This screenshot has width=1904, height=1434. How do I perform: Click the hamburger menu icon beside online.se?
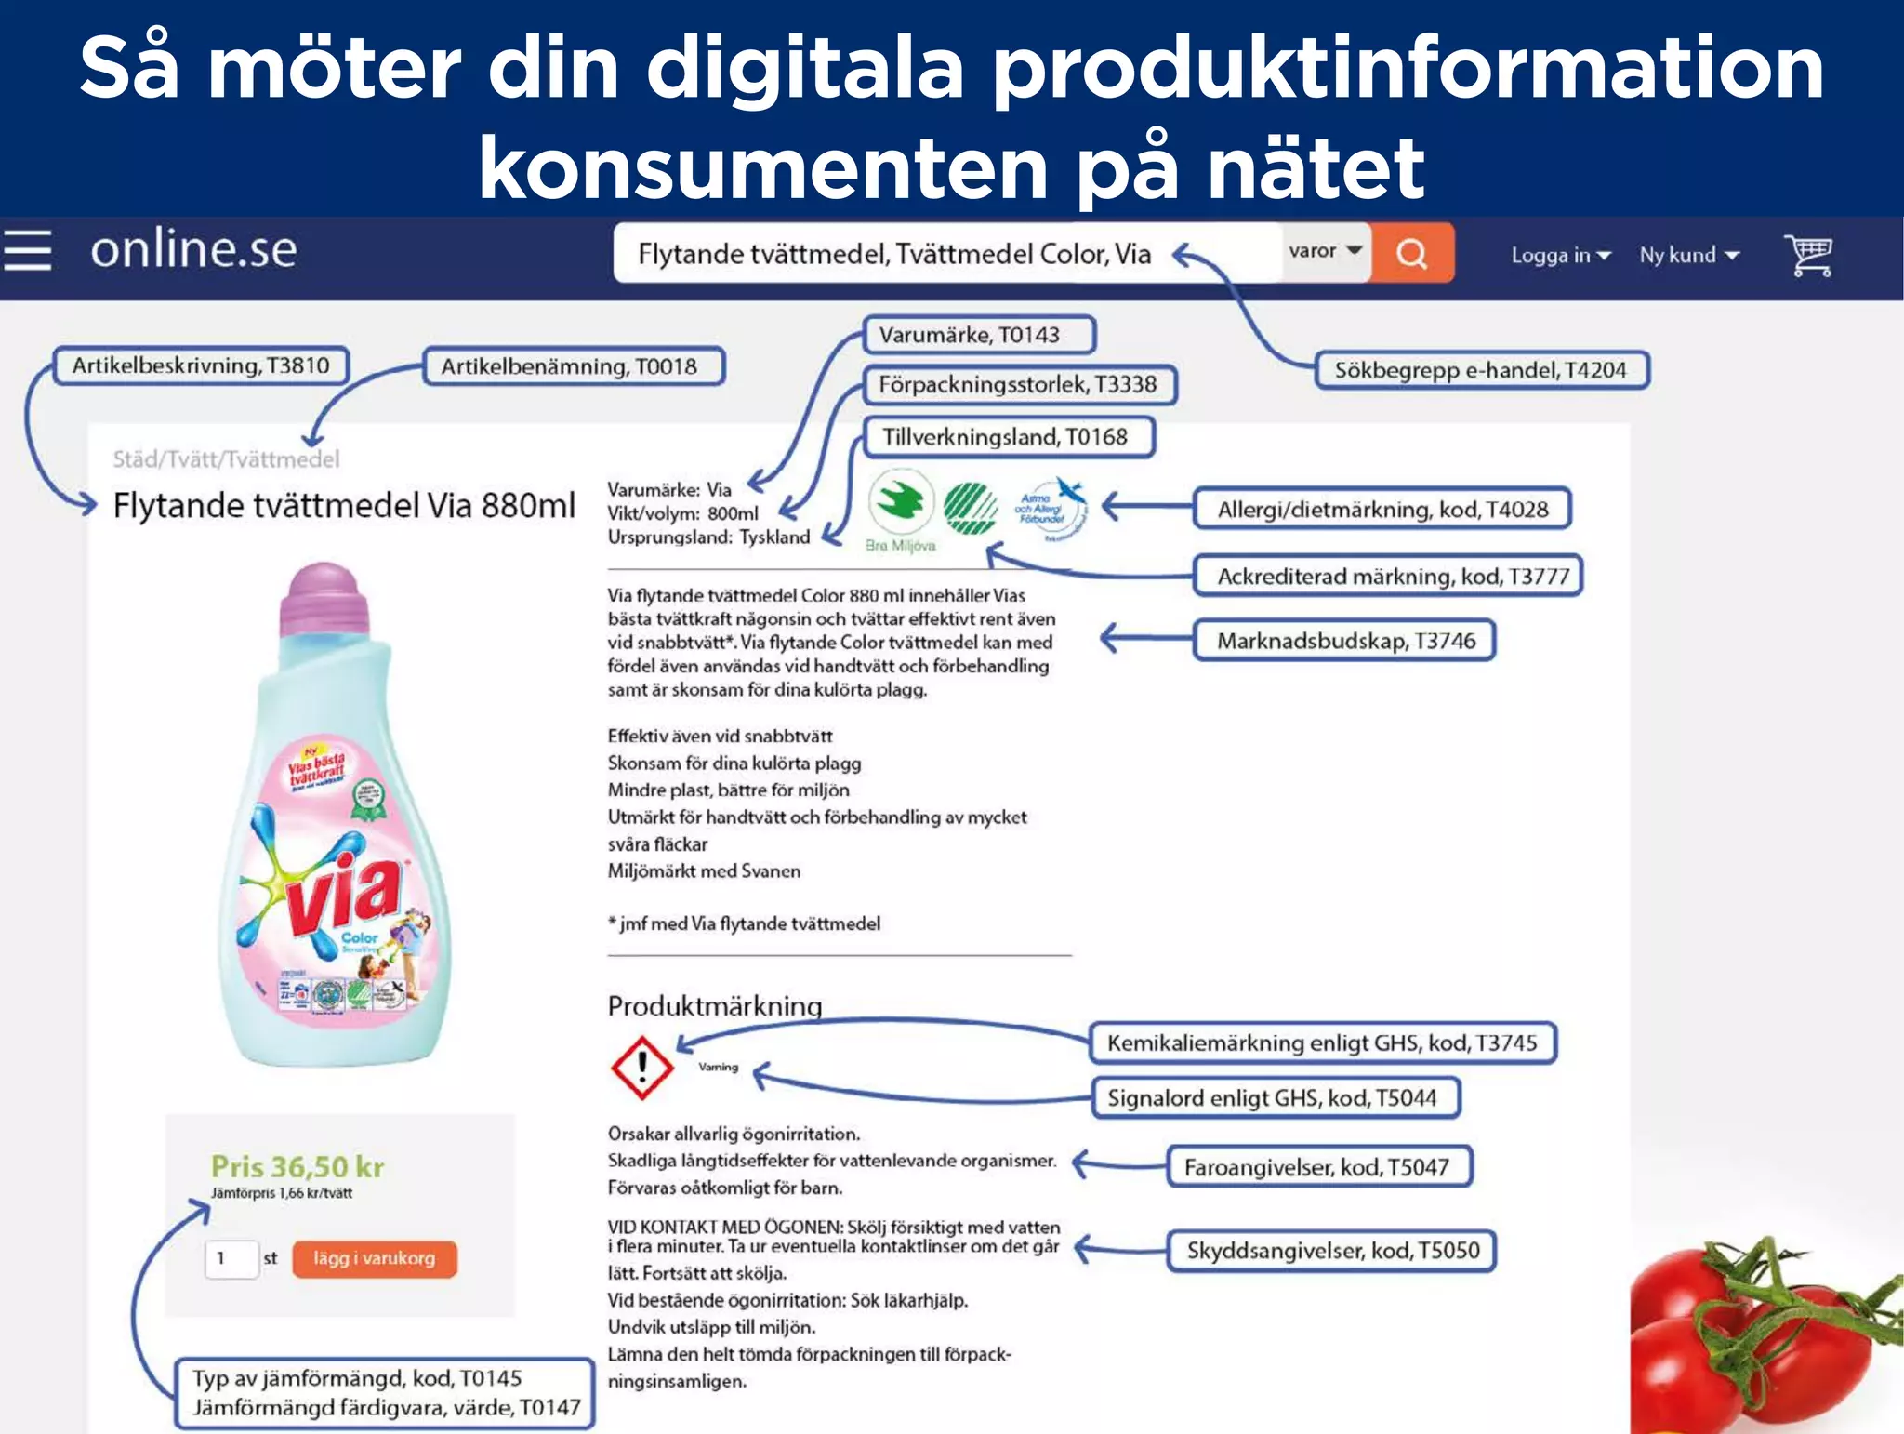[27, 251]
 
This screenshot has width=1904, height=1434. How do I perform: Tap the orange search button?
[1411, 253]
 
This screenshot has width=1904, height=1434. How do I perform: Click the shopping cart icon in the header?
[1807, 255]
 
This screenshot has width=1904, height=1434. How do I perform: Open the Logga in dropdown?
[1560, 256]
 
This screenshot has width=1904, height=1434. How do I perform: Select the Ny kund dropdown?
[1688, 256]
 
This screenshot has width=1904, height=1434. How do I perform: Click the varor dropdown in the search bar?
[1325, 251]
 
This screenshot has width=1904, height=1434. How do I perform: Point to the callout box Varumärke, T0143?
[978, 335]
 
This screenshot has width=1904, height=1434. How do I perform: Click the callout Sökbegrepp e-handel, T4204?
[1481, 370]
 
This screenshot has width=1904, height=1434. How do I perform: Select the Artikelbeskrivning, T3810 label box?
[201, 365]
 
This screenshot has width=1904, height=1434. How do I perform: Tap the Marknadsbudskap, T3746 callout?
[1344, 641]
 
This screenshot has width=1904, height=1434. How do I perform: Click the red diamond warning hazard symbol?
[641, 1068]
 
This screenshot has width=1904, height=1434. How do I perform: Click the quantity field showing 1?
[230, 1259]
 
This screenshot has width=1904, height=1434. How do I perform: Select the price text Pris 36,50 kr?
[297, 1166]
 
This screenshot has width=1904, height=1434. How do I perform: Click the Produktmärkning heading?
[714, 1006]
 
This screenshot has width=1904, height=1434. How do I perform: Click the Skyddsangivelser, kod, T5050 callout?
[1331, 1251]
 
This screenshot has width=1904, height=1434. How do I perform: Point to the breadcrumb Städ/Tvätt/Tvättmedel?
[226, 458]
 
